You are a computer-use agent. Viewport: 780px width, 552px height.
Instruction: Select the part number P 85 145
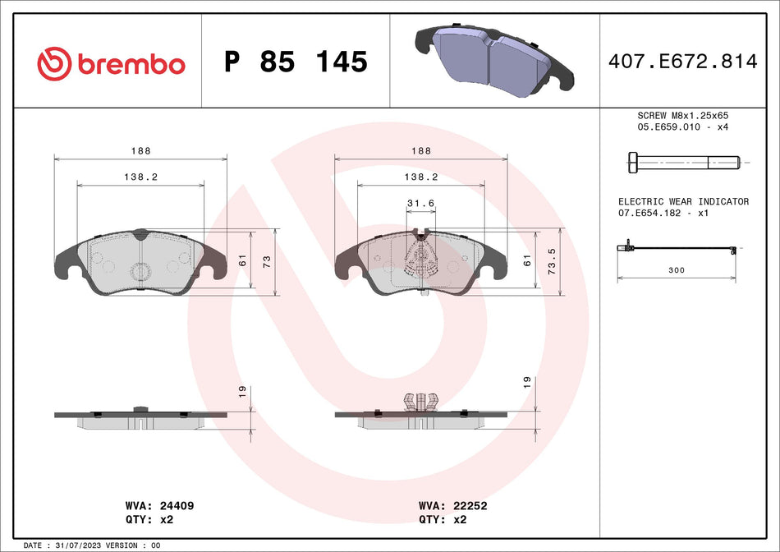296,62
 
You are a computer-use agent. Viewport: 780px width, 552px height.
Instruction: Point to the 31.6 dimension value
420,204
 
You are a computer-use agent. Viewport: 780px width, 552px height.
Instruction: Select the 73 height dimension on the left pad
266,260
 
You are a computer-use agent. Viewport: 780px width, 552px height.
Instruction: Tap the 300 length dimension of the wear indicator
677,269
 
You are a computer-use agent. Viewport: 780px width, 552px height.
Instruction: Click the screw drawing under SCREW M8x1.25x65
682,163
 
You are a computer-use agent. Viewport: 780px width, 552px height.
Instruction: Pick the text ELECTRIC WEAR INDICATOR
683,201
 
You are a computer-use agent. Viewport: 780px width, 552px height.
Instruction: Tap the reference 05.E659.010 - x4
683,128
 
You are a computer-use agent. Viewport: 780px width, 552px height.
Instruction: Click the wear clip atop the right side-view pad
420,401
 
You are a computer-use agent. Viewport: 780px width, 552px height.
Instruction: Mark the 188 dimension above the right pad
420,151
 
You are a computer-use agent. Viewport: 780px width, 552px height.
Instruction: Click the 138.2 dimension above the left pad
140,177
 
